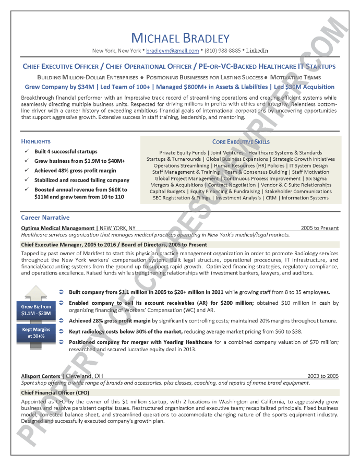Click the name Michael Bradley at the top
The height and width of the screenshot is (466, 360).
[x=180, y=38]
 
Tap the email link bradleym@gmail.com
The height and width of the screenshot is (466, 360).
[x=172, y=51]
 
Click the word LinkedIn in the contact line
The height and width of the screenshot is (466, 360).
[x=257, y=51]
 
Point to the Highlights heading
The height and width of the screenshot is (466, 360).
[x=35, y=141]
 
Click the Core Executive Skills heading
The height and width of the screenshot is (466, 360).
[x=241, y=142]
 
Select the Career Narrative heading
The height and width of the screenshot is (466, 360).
[x=45, y=218]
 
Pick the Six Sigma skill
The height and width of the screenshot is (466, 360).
[x=316, y=178]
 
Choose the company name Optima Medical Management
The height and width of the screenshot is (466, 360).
[x=58, y=228]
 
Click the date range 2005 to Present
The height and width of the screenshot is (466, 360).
[x=319, y=228]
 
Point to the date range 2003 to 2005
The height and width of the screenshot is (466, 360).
[x=322, y=376]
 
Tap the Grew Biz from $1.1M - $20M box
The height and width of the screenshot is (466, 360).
[x=36, y=310]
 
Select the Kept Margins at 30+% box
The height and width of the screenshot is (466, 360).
[x=36, y=333]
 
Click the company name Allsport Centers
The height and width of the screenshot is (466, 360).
[x=41, y=376]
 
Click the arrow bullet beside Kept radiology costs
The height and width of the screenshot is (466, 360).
[x=62, y=331]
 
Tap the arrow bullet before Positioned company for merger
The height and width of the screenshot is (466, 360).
[x=62, y=342]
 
